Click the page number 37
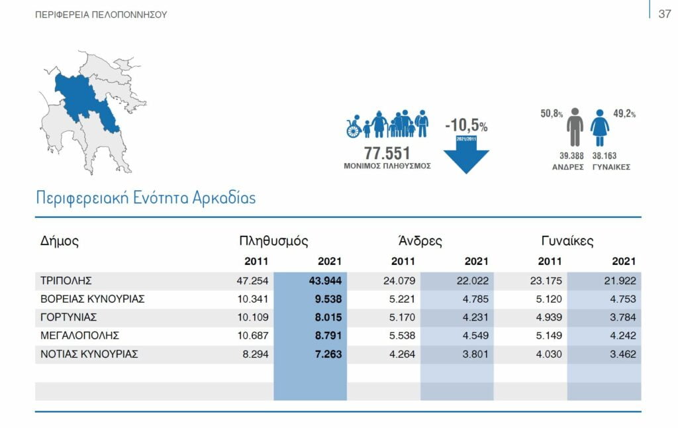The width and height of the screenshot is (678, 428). point(665,14)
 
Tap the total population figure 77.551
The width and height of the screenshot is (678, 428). point(387,152)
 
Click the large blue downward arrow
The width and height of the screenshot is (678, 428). point(466,156)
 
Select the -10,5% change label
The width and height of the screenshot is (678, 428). point(466,125)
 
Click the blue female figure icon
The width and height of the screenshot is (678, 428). point(600,128)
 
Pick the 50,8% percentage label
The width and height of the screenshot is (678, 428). point(552,114)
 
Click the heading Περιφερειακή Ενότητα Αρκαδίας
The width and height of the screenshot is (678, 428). point(146,197)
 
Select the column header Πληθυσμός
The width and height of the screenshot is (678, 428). point(273,241)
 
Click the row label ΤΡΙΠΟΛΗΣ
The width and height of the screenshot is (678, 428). point(66,281)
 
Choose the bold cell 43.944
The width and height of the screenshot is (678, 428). point(325,281)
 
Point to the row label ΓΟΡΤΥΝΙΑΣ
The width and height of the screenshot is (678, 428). point(69,317)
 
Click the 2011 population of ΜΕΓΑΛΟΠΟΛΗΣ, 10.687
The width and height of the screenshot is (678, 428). point(252,336)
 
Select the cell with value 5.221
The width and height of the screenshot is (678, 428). point(399,299)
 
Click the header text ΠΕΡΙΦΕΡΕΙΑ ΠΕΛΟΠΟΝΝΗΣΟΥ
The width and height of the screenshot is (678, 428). point(101,15)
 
